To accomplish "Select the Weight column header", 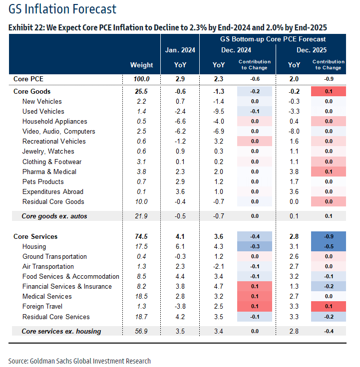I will click(141, 65).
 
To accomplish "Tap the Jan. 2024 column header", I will click(180, 50).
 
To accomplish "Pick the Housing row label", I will click(34, 246).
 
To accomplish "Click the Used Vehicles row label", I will click(43, 111).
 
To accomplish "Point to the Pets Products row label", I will click(43, 182).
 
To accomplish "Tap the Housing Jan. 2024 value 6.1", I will click(180, 246).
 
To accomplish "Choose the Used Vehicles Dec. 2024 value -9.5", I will click(219, 111).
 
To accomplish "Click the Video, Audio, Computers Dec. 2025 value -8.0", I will click(294, 131).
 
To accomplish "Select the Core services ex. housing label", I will click(61, 331).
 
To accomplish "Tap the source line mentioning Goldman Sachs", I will click(79, 361).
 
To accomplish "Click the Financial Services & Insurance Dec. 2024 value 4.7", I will click(219, 286).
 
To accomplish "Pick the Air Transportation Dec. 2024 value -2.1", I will click(219, 266).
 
